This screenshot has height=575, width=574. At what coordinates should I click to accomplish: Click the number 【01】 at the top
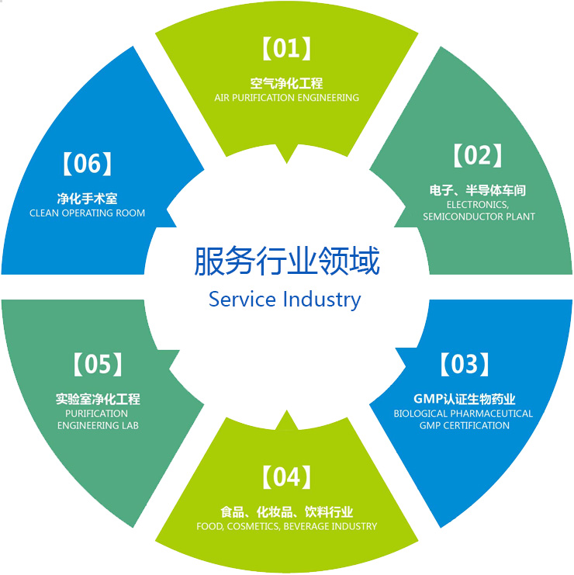tap(287, 50)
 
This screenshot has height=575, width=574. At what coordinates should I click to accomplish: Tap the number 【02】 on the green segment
tap(479, 156)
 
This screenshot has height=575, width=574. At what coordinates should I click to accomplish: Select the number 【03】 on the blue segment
tap(464, 364)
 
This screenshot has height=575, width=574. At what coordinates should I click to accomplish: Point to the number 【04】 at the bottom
tap(287, 478)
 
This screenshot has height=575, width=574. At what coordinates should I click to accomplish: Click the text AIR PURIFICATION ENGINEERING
tap(287, 98)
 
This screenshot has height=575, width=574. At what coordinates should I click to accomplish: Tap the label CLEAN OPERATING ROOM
tap(87, 213)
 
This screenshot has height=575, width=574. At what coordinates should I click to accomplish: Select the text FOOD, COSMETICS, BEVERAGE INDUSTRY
tap(287, 526)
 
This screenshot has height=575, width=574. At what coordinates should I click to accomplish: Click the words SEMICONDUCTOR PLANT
tap(479, 216)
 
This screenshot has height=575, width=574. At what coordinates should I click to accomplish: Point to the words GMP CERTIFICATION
tap(464, 425)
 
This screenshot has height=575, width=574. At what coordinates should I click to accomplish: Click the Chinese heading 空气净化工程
tap(287, 83)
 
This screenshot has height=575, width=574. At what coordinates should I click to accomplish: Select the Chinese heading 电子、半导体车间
tap(479, 190)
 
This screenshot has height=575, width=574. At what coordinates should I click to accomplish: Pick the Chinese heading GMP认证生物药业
tap(464, 399)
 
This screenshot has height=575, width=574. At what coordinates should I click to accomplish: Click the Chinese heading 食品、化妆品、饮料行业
tap(287, 511)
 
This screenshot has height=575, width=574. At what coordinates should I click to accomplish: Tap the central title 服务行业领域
tap(287, 262)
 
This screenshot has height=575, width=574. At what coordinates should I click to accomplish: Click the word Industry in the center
tap(322, 300)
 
